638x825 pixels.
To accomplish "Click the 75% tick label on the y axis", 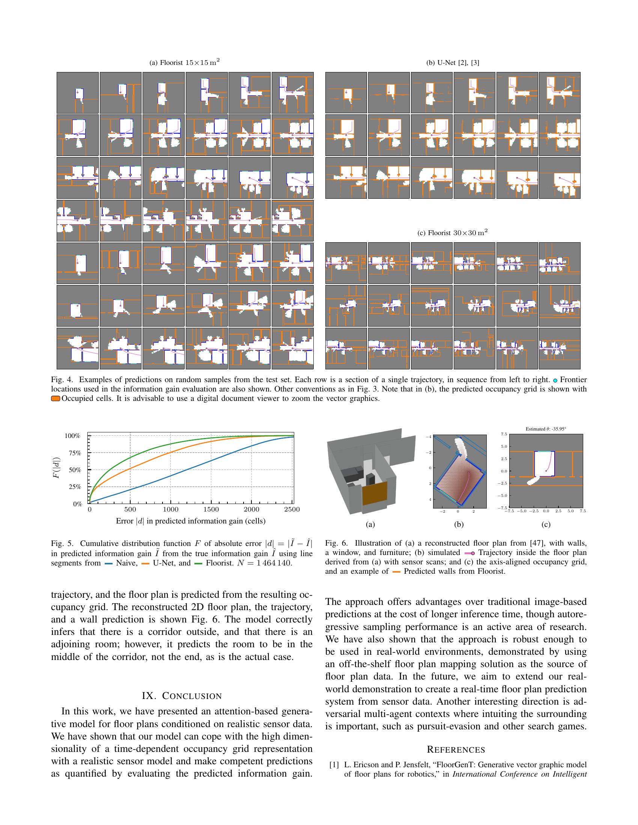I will pos(72,453).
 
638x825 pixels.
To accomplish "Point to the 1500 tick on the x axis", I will pos(211,510).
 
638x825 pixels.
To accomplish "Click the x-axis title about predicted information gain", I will pos(191,521).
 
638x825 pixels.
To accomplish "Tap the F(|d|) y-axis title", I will pos(56,470).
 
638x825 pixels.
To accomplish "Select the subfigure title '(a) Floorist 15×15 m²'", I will pos(184,62).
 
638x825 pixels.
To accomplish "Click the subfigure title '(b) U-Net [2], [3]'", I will pos(453,63).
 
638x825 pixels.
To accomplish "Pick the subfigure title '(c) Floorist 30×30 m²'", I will pos(453,233).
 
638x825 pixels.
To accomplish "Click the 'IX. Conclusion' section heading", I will pos(182,696).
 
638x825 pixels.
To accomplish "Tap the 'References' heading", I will pos(456,750).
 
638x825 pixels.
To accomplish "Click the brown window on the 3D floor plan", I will pos(375,493).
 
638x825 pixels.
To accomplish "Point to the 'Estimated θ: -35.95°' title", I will pos(546,429).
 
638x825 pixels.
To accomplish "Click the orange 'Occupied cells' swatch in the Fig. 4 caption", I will pos(56,399).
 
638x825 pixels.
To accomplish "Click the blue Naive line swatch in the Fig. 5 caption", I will pos(109,564).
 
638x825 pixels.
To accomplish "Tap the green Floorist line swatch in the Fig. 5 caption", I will pos(199,564).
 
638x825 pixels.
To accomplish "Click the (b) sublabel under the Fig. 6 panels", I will pos(459,524).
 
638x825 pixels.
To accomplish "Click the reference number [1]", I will pos(334,765).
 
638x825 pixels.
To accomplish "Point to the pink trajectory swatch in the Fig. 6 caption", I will pos(469,553).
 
